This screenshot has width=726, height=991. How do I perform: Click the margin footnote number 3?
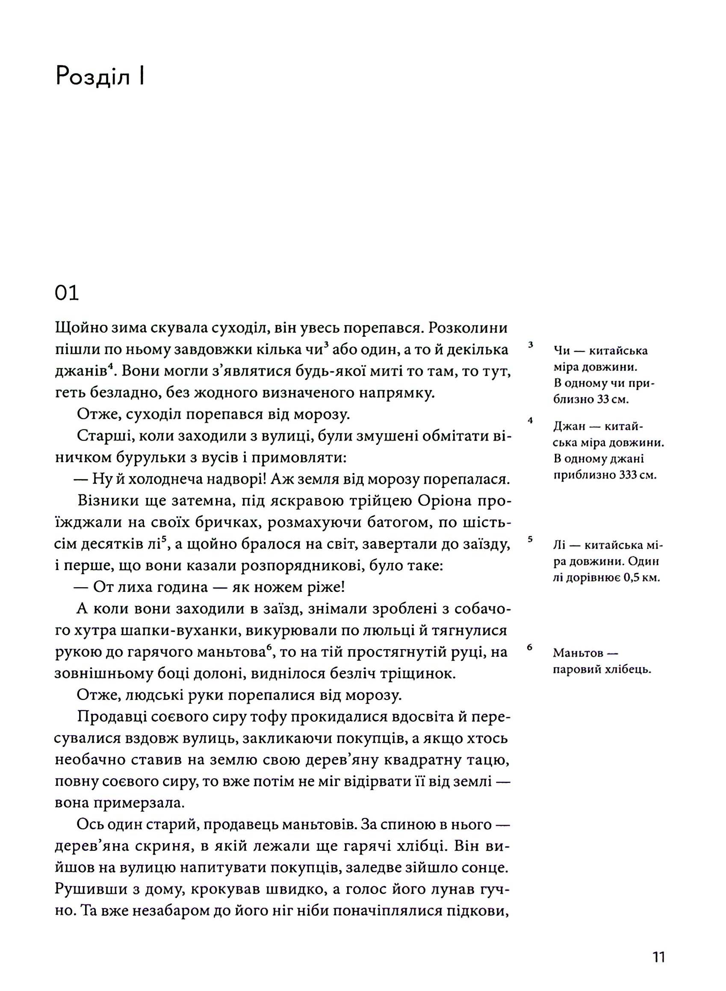[x=531, y=345]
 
